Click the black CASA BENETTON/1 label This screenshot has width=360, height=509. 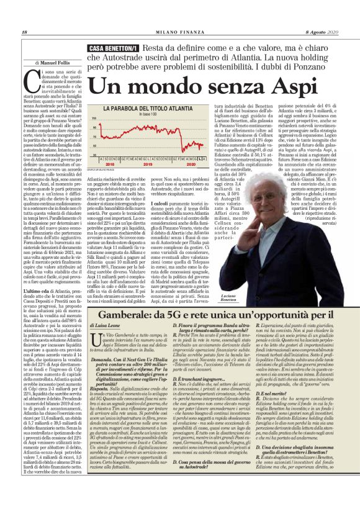[113, 48]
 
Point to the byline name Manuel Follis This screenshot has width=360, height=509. [60, 63]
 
